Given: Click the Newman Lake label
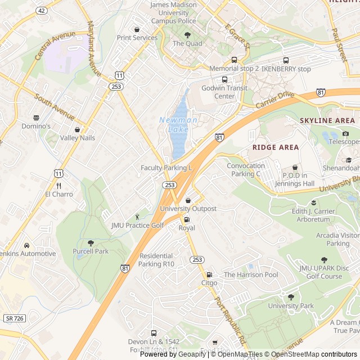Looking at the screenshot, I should (178, 124).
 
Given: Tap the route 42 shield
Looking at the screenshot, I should (41, 10).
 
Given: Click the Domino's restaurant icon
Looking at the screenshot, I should (37, 118).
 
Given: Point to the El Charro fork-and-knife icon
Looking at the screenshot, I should (58, 186).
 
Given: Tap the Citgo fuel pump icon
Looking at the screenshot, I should (209, 275).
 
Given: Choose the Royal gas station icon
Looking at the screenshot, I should (187, 219).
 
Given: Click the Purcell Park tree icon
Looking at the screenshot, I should (90, 243).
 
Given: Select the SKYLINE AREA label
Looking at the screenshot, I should (327, 120).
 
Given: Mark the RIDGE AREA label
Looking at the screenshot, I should (275, 147).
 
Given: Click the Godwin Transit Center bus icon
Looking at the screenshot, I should (225, 79).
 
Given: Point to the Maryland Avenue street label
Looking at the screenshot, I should (94, 49).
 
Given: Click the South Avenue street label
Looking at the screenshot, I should (55, 107).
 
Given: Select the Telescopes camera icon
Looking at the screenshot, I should (345, 133).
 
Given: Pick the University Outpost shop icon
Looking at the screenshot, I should (188, 200).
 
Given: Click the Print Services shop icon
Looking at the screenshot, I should (137, 29).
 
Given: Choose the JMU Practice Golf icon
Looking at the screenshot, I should (137, 217).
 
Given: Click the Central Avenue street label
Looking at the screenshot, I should (55, 46).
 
